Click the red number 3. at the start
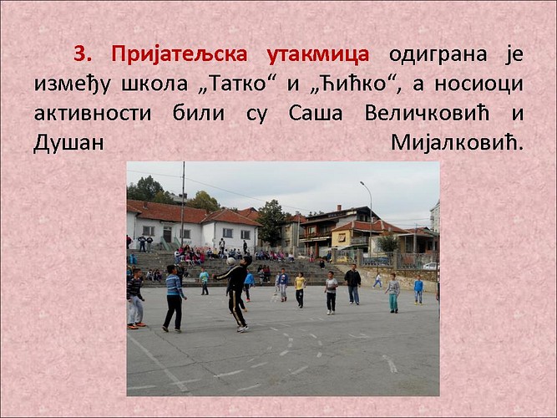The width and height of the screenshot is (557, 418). pyautogui.click(x=83, y=54)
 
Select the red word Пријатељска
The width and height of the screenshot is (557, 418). pyautogui.click(x=180, y=55)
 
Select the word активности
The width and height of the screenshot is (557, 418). pyautogui.click(x=93, y=114)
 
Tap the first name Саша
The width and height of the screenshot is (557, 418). pyautogui.click(x=316, y=114)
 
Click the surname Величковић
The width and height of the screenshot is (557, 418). pyautogui.click(x=427, y=113)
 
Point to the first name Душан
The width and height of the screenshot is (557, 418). pyautogui.click(x=68, y=143)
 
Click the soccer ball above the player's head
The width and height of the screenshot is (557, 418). pyautogui.click(x=230, y=262)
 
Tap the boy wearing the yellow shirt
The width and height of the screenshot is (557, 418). pyautogui.click(x=300, y=290)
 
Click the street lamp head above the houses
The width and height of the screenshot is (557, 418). pyautogui.click(x=362, y=183)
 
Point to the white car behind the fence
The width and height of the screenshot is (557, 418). pyautogui.click(x=431, y=266)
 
